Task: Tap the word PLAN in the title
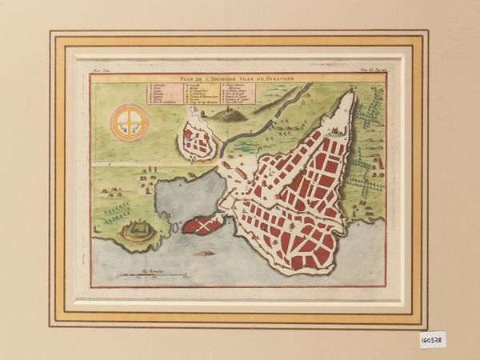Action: [x=187, y=78]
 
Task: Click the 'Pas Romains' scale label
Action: [x=152, y=271]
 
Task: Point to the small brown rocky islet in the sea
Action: [x=203, y=253]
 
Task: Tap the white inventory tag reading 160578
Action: [x=432, y=339]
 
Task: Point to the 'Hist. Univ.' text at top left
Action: [x=102, y=72]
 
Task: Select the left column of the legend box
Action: [x=163, y=93]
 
